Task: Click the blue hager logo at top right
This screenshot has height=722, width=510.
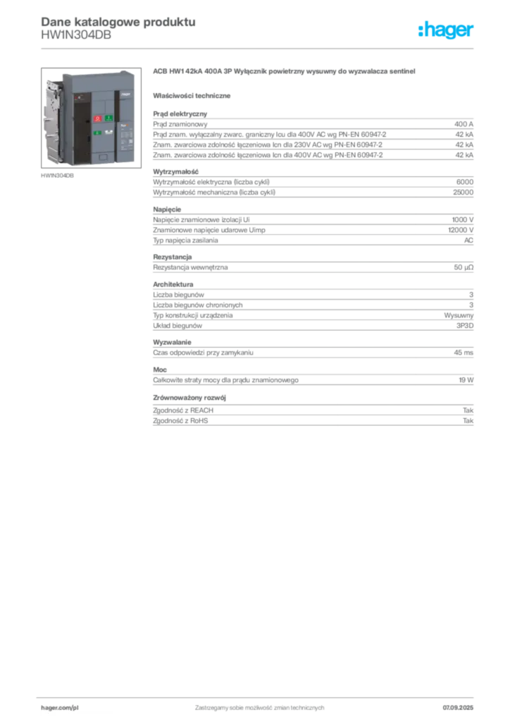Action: point(447,30)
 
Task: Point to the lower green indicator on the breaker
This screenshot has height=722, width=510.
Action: point(98,132)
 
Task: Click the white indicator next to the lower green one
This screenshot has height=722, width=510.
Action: point(108,132)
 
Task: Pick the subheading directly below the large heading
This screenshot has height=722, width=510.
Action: point(194,95)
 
